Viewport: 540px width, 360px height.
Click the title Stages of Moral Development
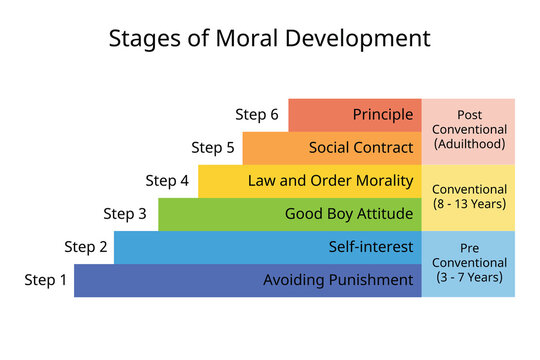click(269, 39)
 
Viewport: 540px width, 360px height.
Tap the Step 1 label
click(46, 280)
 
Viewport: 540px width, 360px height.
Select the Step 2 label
click(86, 247)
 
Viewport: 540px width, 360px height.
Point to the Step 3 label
click(125, 213)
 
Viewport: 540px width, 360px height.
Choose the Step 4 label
click(167, 181)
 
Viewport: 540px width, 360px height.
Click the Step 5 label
click(213, 148)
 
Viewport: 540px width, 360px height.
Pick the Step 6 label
click(257, 114)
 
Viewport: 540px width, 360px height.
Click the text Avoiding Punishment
click(338, 280)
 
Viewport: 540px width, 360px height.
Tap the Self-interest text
click(371, 247)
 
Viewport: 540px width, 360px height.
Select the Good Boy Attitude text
click(349, 213)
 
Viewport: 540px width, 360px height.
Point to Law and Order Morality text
click(331, 181)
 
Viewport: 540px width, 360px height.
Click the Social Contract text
click(361, 148)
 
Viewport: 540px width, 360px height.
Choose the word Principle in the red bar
click(383, 114)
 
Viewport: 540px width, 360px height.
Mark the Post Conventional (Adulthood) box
click(468, 130)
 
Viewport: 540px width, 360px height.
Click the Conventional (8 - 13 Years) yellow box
click(468, 196)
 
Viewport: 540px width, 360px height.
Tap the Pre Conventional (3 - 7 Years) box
click(468, 263)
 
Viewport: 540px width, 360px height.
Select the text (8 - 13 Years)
click(468, 204)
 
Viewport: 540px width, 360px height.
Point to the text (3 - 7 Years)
click(468, 276)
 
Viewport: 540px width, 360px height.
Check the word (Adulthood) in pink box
click(468, 144)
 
